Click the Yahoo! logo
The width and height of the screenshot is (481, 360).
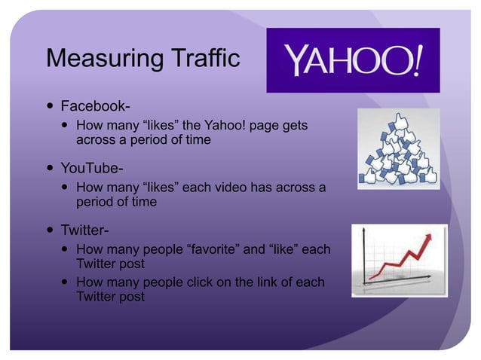[x=353, y=60]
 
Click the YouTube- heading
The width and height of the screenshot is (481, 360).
[x=91, y=167]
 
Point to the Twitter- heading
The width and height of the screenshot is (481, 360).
[x=84, y=230]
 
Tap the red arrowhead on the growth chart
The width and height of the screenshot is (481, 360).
[x=428, y=239]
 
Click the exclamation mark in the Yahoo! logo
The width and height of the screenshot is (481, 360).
[x=416, y=60]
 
